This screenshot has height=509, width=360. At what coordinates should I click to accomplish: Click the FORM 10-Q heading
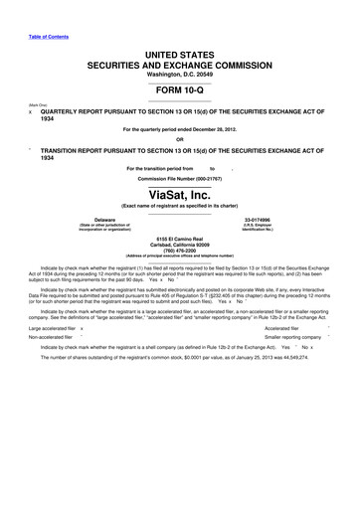click(x=180, y=91)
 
